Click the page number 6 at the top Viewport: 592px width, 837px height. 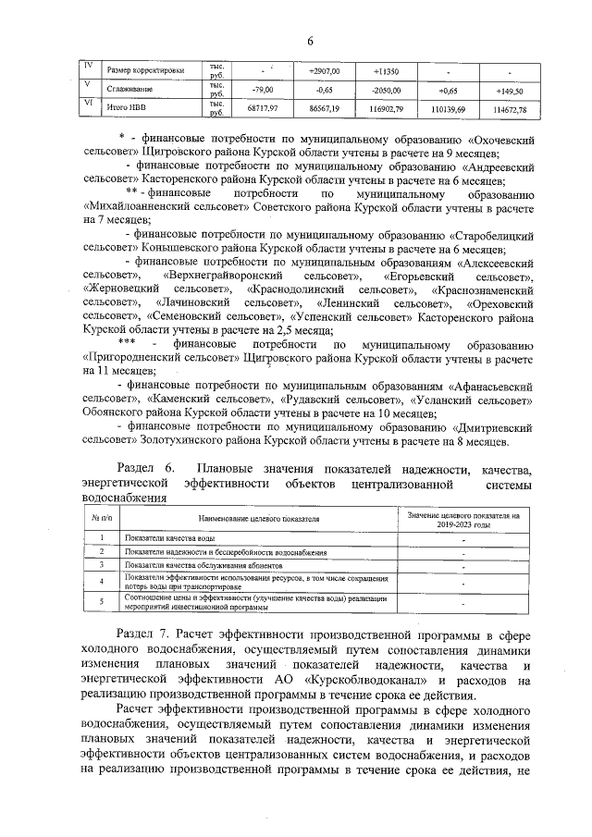click(x=311, y=40)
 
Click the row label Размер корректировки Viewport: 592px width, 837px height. click(x=145, y=70)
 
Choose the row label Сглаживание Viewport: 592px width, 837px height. click(x=129, y=91)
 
